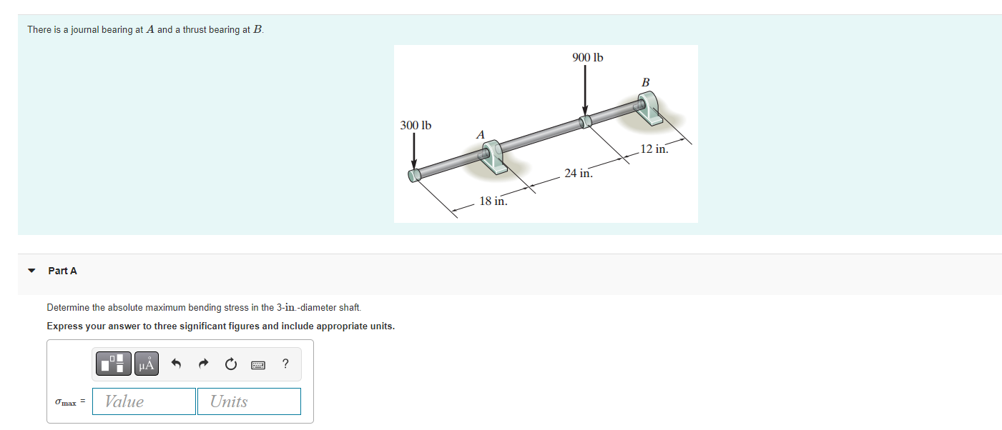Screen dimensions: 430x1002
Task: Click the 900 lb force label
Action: coord(587,57)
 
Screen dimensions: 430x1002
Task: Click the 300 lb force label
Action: coord(416,125)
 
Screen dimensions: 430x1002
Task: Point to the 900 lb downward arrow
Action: coord(585,89)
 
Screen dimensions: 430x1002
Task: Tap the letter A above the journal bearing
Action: coord(480,134)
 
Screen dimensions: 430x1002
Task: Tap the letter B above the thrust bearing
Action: coord(645,83)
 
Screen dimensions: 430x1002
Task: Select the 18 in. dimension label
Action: coord(493,201)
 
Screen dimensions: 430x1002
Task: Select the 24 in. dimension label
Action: coord(578,173)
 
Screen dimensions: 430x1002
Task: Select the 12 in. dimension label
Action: coord(654,149)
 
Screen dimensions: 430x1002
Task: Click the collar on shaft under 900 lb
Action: coord(586,121)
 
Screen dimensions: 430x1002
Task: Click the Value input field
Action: coord(144,401)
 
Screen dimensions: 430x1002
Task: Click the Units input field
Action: coord(249,401)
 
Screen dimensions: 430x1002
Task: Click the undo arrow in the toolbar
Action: coord(175,365)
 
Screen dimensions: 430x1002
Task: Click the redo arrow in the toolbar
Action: coord(202,365)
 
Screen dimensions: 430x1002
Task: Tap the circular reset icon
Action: coord(230,365)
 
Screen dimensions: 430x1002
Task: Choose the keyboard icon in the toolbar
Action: coord(258,365)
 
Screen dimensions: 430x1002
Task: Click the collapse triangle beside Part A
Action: coord(31,271)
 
